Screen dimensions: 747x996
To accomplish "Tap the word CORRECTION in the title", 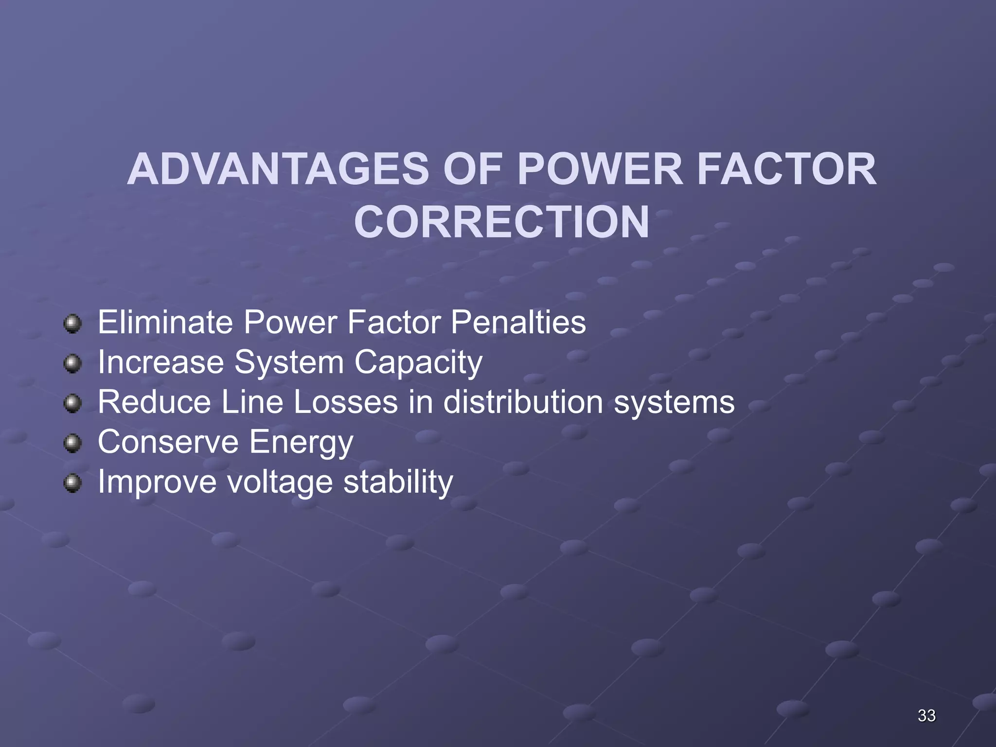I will (x=501, y=222).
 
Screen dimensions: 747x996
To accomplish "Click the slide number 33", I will (x=926, y=715).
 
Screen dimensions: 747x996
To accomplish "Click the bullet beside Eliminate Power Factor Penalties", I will (x=73, y=323).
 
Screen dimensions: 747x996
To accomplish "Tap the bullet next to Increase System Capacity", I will (x=73, y=363).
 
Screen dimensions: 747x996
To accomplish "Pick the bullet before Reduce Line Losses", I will (x=73, y=403).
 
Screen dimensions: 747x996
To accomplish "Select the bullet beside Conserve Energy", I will (x=73, y=443).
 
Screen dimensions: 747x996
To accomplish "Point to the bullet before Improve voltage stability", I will (x=73, y=483).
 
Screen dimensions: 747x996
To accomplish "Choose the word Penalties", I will (x=518, y=322).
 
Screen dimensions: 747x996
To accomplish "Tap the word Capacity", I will (x=418, y=363).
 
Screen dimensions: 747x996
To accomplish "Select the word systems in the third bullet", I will (x=674, y=403).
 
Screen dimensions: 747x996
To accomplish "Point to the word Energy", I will (x=301, y=443).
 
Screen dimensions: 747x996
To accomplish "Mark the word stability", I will (x=398, y=482).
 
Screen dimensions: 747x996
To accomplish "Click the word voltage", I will (x=280, y=482).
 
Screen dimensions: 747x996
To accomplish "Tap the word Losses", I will (x=345, y=402).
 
